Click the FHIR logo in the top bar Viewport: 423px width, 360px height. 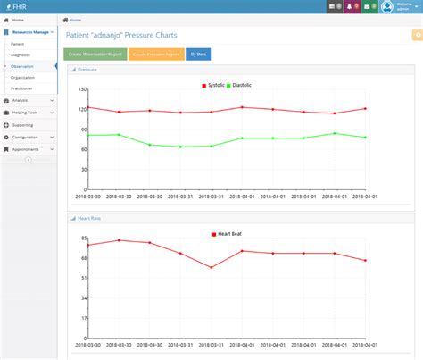[16, 6]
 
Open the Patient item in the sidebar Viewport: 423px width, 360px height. [18, 43]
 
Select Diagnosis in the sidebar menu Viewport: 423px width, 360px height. [21, 54]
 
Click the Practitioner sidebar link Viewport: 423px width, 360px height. [22, 88]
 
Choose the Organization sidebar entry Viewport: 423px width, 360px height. [23, 77]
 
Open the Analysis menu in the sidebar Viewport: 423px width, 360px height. [21, 101]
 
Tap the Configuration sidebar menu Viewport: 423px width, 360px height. [26, 137]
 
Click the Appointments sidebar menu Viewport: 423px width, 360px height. [26, 149]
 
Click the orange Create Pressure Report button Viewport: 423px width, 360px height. [156, 54]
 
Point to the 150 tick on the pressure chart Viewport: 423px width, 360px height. [82, 89]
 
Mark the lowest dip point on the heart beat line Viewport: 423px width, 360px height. [211, 267]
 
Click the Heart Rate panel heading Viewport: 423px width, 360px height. [87, 217]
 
